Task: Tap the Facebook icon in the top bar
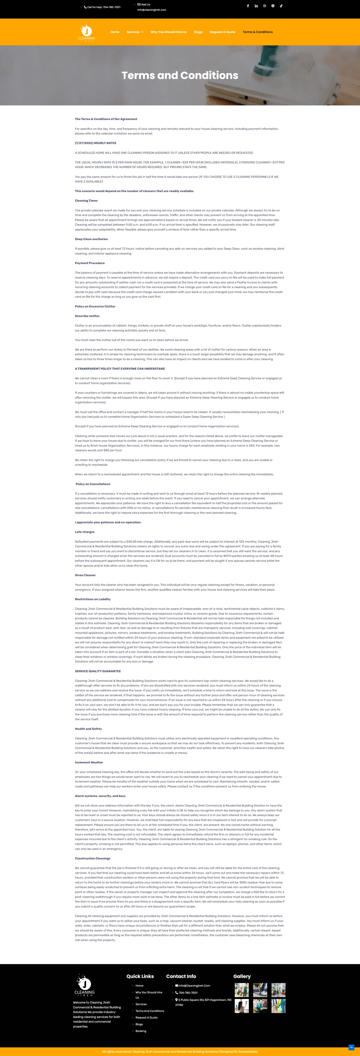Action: click(248, 6)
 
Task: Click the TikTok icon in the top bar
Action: click(281, 6)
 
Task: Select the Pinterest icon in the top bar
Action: click(273, 6)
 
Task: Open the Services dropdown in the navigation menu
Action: click(135, 32)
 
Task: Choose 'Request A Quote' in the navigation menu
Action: click(222, 32)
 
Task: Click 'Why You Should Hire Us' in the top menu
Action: click(169, 32)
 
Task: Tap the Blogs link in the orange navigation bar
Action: click(198, 32)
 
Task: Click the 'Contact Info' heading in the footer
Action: click(181, 976)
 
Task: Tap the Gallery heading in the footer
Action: click(242, 976)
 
